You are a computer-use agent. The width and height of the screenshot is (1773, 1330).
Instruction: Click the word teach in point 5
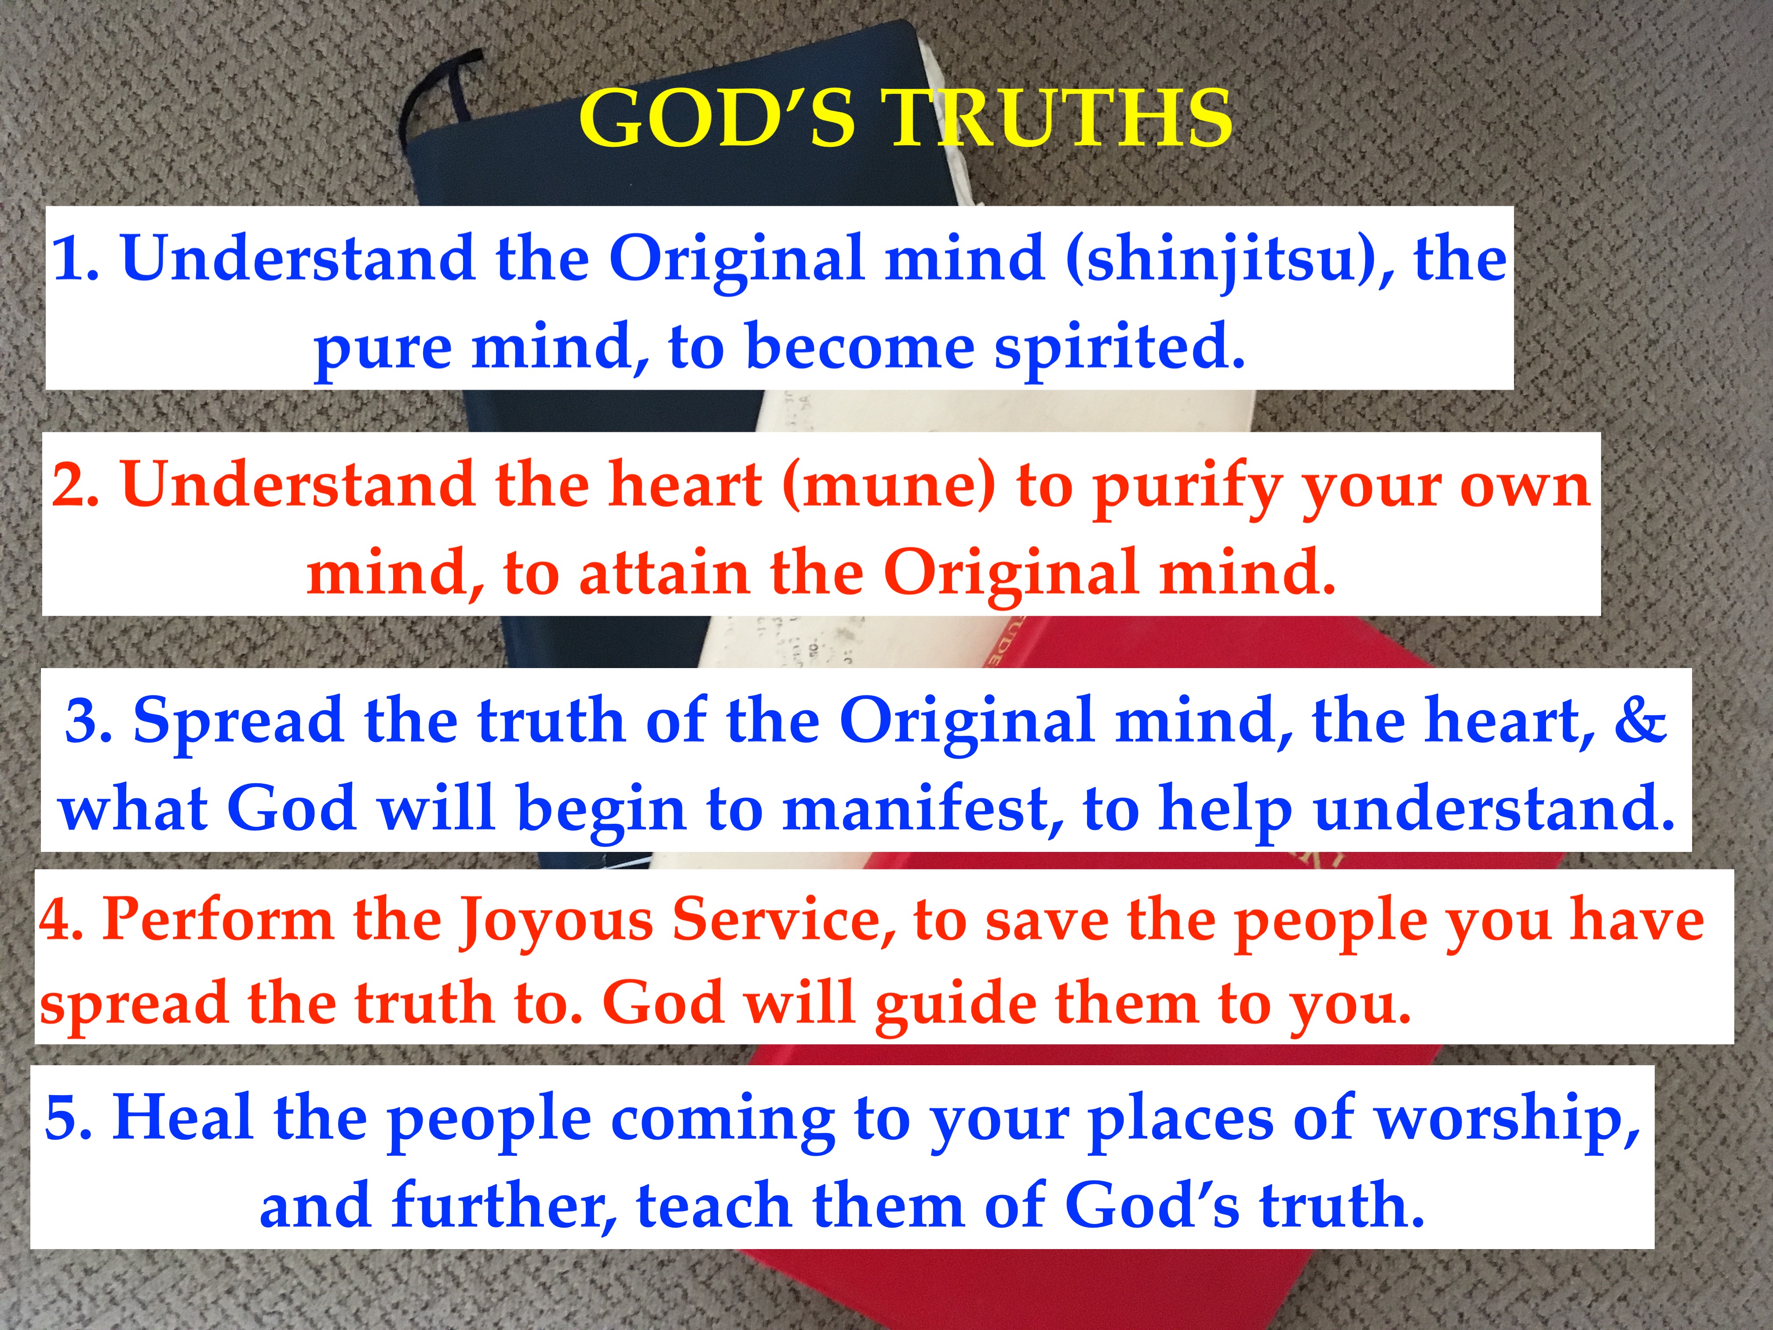[713, 1205]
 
